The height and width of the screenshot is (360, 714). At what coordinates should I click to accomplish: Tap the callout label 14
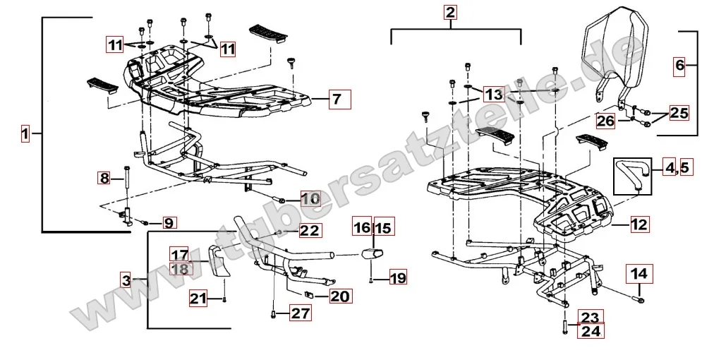tap(639, 272)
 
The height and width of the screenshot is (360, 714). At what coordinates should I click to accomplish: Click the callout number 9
tap(169, 223)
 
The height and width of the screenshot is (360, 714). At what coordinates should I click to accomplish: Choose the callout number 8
tap(105, 179)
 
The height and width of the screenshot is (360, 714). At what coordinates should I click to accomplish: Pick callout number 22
tap(309, 230)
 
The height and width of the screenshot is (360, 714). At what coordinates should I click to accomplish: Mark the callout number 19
tap(398, 278)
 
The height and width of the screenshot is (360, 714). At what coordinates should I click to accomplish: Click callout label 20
tap(339, 296)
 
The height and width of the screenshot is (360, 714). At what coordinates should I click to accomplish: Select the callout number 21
tap(198, 299)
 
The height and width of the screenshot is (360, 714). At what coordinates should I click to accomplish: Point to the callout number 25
tap(678, 112)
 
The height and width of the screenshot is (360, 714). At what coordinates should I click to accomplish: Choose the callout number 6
tap(680, 66)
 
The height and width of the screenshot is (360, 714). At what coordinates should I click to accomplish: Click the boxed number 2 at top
tap(451, 12)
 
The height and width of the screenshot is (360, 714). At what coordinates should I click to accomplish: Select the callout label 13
tap(494, 94)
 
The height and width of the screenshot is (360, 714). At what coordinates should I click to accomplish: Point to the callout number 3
tap(125, 280)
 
